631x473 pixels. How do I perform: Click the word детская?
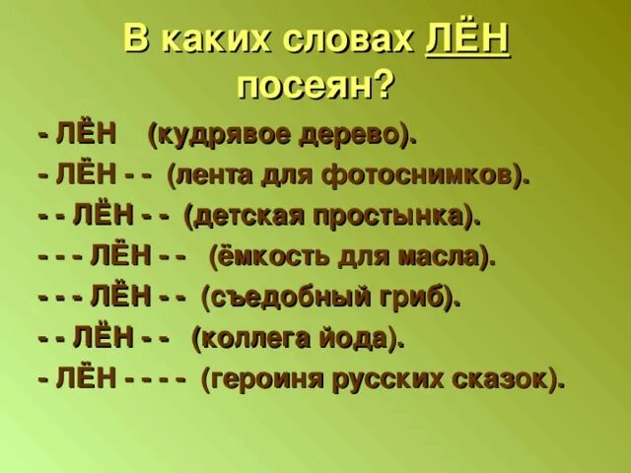pyautogui.click(x=243, y=217)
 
